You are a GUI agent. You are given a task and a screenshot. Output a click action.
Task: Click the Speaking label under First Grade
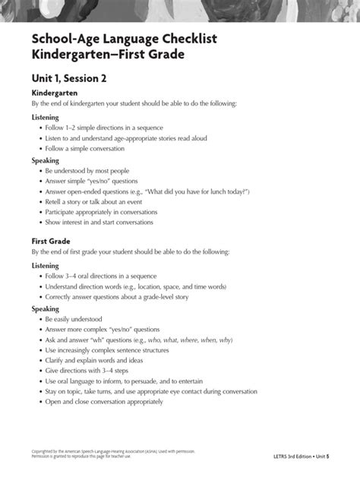pyautogui.click(x=45, y=310)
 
